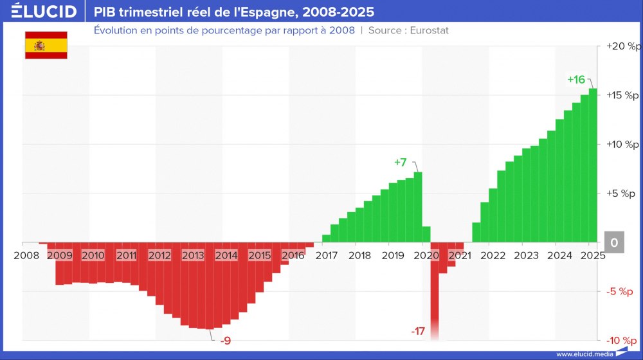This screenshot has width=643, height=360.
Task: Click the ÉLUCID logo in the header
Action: coord(44,12)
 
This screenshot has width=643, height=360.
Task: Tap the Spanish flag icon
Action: coord(46,45)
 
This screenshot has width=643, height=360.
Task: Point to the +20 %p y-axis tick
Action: coord(624,46)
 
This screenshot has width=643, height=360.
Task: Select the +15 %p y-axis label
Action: coord(624,95)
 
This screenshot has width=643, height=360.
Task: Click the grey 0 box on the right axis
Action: coord(614,242)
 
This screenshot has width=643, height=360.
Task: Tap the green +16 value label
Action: coord(576,80)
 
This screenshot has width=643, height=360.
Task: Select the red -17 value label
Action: coord(418,331)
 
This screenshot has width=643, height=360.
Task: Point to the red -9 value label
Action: coord(225,340)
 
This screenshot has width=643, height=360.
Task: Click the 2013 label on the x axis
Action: coord(193,255)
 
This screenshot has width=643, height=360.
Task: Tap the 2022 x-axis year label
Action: coord(493,255)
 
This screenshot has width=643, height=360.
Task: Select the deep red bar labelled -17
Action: coord(435,289)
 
